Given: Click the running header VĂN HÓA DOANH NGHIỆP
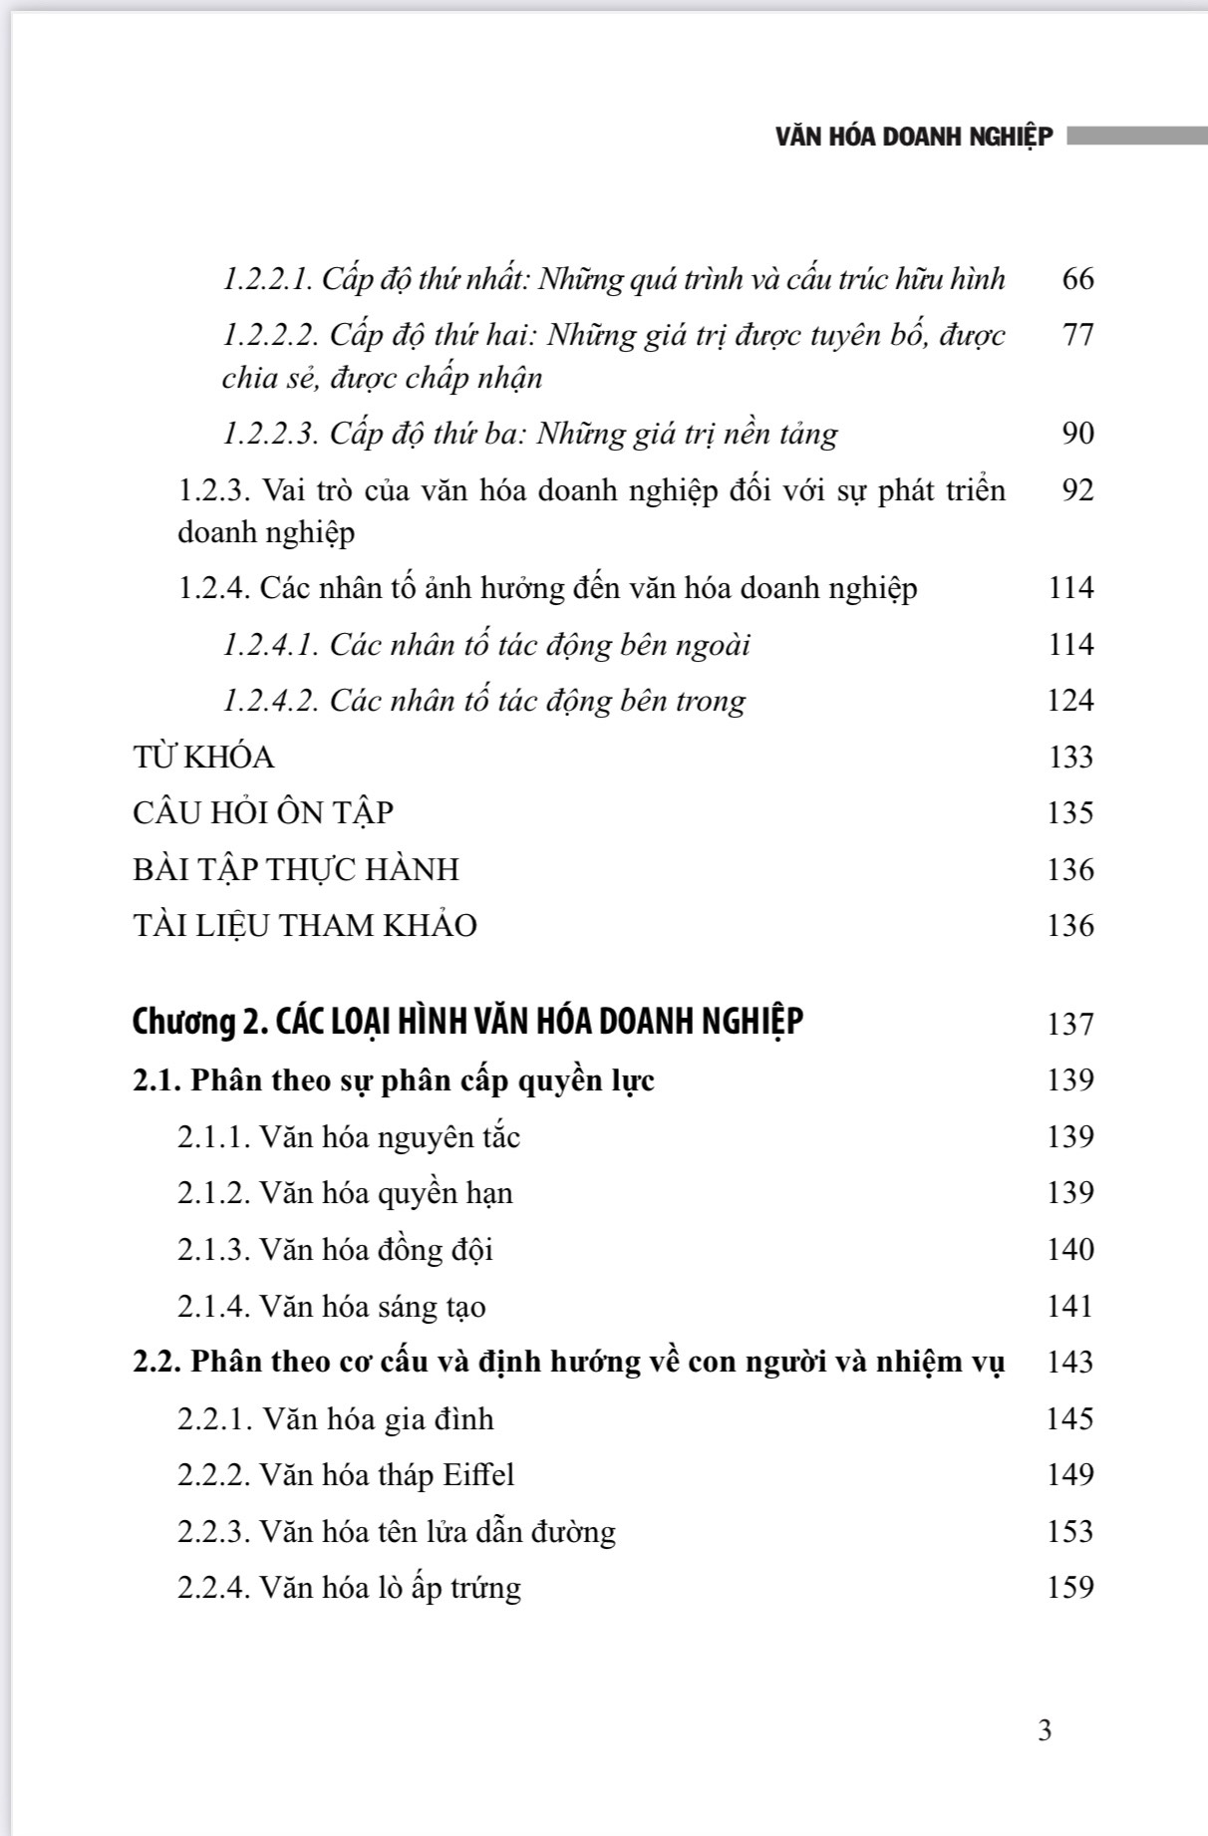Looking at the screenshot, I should tap(913, 137).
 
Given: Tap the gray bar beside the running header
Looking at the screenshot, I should tap(1136, 136).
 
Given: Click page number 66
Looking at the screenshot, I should tap(1077, 278).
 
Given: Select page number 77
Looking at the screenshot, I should tap(1077, 335).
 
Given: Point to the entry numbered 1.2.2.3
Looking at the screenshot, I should tap(529, 434).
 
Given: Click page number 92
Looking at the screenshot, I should tap(1077, 490).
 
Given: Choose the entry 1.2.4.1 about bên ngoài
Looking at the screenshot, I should tap(486, 645).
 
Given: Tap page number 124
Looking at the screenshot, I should tap(1070, 701).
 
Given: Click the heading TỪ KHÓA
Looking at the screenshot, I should tap(203, 758).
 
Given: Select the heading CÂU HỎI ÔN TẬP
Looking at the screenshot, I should tap(263, 813).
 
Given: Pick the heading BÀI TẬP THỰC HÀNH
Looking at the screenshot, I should tap(296, 870).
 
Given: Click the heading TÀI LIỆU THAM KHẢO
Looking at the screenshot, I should tap(305, 926).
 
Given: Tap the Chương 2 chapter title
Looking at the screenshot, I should tap(467, 1023).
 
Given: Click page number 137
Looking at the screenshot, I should tap(1070, 1025).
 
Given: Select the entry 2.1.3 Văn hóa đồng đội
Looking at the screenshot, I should tap(335, 1250).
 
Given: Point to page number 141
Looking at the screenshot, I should tap(1070, 1307).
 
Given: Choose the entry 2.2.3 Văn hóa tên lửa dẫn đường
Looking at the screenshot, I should tap(397, 1532).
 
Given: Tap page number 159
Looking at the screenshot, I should tap(1070, 1588).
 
